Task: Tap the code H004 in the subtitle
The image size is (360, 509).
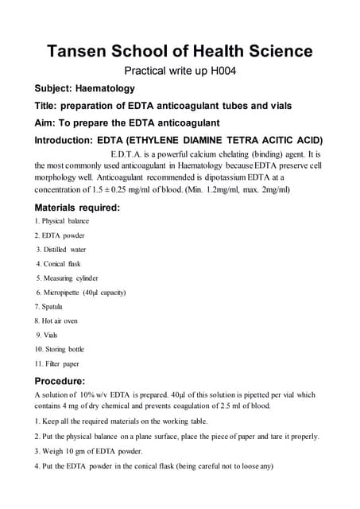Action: (223, 71)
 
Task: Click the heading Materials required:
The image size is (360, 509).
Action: (78, 208)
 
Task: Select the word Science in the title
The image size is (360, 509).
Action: (269, 52)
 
